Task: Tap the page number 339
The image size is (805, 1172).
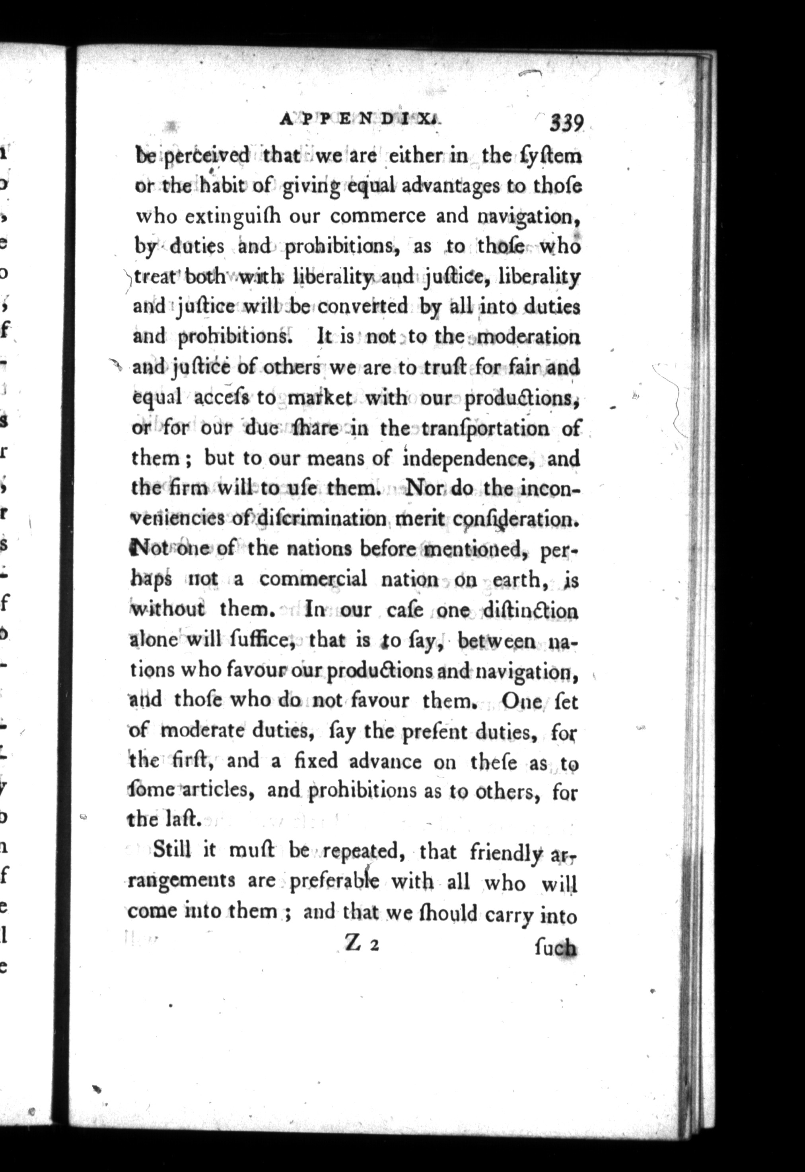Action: point(566,123)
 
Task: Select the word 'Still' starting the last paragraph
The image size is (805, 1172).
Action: point(171,851)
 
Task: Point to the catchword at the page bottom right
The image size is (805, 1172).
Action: point(555,948)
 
